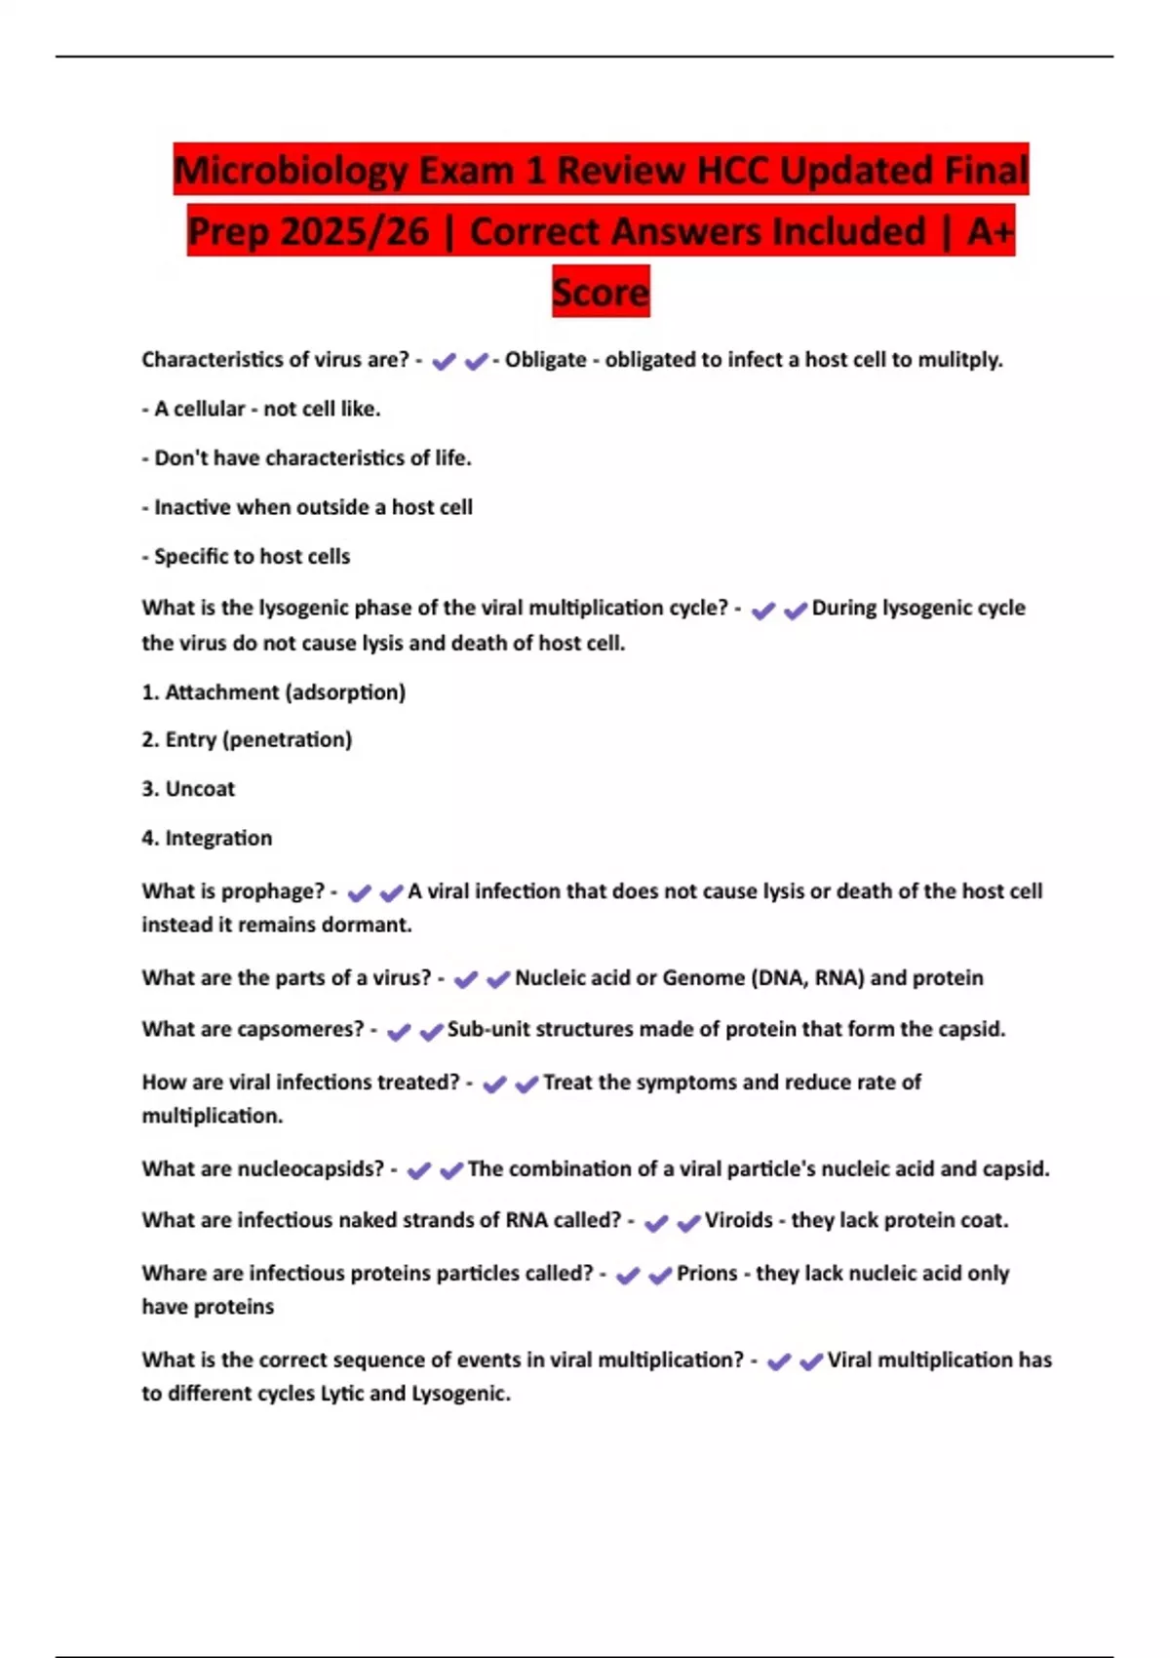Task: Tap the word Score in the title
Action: [x=601, y=292]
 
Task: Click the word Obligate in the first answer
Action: [x=545, y=360]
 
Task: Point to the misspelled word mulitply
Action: [x=964, y=360]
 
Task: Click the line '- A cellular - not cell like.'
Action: [x=261, y=410]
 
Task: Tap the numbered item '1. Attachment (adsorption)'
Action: [x=274, y=692]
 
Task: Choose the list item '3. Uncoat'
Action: [x=188, y=789]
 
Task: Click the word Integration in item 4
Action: [x=218, y=838]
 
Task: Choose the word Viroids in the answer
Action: [x=738, y=1220]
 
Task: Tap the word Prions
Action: [x=707, y=1274]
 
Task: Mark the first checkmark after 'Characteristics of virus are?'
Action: [x=444, y=362]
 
